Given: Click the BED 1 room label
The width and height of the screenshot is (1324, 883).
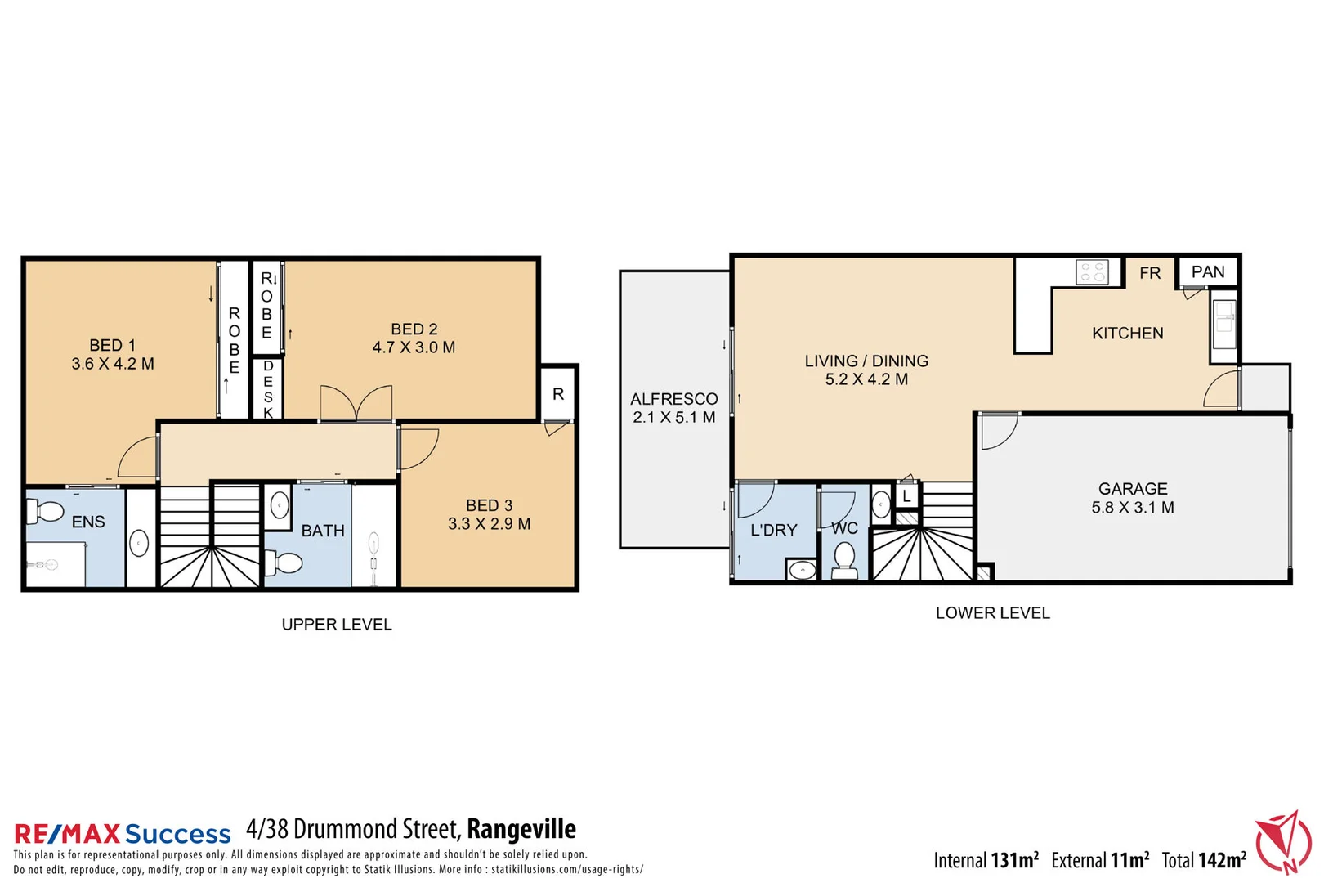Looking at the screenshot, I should tap(112, 346).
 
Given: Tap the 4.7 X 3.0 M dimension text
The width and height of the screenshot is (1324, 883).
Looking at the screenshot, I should tap(414, 347).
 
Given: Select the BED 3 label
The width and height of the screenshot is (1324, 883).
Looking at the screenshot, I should tap(489, 506).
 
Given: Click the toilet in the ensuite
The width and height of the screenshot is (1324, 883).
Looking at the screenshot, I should tap(47, 513).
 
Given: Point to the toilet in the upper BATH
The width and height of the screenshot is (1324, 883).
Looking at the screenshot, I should tap(286, 562).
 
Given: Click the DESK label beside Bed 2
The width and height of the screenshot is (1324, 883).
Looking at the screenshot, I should tap(268, 389).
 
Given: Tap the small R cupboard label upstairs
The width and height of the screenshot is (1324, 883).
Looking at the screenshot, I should tap(558, 394).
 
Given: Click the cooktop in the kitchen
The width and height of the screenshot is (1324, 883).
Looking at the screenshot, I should tap(1093, 272).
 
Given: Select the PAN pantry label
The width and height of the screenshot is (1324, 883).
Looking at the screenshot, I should tap(1208, 272).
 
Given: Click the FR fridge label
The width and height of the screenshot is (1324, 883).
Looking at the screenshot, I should tap(1150, 273).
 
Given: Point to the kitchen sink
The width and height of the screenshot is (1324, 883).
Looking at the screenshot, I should tap(1223, 325).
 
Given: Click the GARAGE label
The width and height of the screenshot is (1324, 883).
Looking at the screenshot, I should tap(1133, 489).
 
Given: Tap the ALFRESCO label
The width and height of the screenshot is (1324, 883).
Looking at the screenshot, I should tap(673, 399).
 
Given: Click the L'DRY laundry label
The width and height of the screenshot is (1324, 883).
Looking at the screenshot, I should tap(773, 530).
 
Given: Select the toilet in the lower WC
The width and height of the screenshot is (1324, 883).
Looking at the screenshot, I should tap(844, 560).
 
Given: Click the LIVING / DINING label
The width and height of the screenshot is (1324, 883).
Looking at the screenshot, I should tap(866, 361).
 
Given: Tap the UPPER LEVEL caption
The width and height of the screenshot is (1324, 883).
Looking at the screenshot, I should tap(337, 625).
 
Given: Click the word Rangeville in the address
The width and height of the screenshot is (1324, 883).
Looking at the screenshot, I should tap(521, 829).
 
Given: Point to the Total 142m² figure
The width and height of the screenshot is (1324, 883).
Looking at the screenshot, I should tap(1203, 860).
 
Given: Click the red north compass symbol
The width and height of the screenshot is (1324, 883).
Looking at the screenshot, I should tap(1283, 842).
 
